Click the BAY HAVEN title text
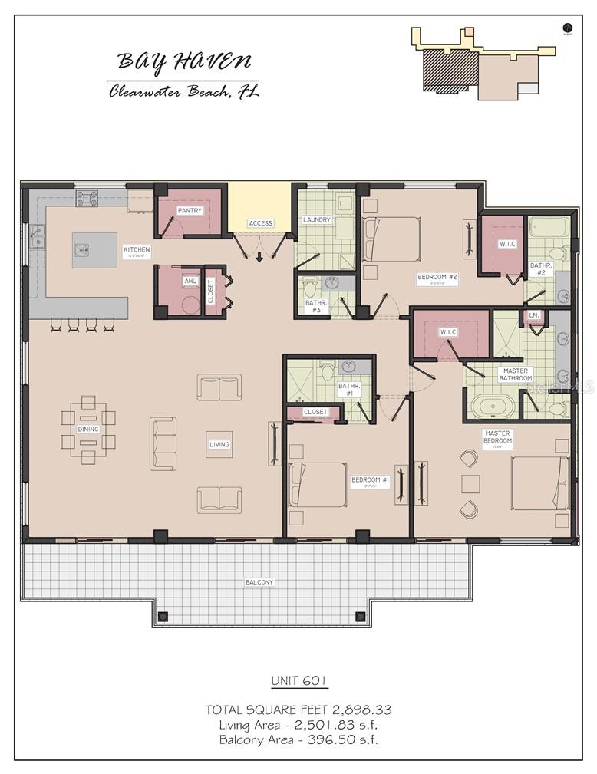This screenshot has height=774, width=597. tap(184, 61)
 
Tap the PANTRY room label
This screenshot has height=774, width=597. tap(190, 211)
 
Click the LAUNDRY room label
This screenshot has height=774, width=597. tap(316, 220)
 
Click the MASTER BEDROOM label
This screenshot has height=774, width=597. tap(497, 437)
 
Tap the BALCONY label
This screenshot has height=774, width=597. tap(259, 582)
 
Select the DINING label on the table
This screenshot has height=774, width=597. tap(88, 430)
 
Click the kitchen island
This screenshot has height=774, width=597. tap(94, 250)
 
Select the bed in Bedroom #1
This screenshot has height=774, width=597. tap(317, 484)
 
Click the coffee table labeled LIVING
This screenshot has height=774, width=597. tap(219, 444)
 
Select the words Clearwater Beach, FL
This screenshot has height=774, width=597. tap(184, 92)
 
